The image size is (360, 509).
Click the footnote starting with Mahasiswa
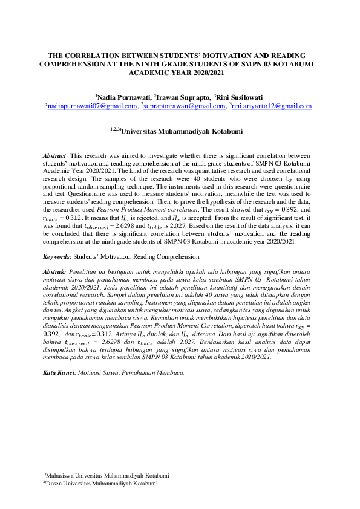[106, 475]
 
